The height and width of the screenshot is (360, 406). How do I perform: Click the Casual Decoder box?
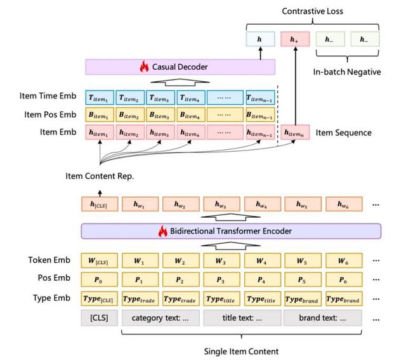coord(180,67)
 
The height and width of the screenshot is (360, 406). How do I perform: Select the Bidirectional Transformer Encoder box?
coord(231,230)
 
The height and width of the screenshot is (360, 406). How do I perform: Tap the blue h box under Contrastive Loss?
coord(259,39)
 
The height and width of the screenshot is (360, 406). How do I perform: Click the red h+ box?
coord(294,39)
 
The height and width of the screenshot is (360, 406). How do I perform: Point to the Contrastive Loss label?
coord(312,11)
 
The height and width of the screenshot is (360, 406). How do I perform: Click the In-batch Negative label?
coord(347,72)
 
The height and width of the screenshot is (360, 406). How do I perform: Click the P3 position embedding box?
coord(221,280)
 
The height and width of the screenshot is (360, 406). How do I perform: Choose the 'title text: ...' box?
coord(241,318)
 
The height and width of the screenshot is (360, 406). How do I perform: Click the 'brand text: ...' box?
coord(322,318)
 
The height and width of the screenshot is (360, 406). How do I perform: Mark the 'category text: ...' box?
coord(160,318)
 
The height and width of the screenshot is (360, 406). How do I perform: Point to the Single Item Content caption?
coord(241,351)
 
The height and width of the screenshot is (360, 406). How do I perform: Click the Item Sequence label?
coord(343,133)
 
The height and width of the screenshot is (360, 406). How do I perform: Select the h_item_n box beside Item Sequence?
coord(295,133)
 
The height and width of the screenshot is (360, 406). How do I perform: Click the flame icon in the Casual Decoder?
coord(143,66)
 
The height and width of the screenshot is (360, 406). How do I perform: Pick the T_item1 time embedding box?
coord(100,97)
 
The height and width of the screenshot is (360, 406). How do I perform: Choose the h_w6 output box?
coord(343,204)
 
